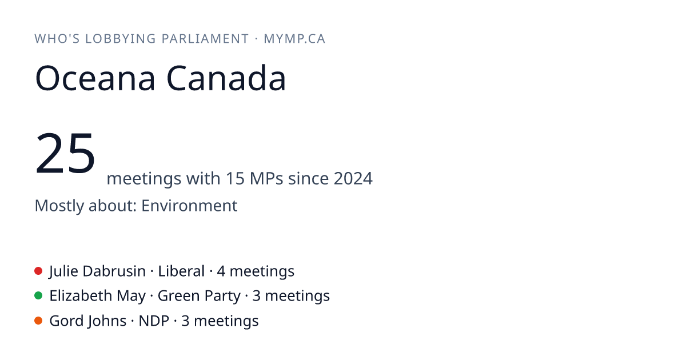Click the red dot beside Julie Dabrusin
coord(38,271)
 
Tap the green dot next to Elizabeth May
coord(38,296)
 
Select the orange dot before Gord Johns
coord(38,321)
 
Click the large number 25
coord(65,153)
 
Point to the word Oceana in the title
coord(95,78)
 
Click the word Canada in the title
coord(226,78)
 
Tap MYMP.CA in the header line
coord(294,39)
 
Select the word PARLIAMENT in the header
coord(205,39)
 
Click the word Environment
coord(189,205)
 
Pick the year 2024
coord(353,178)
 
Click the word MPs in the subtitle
coord(266,178)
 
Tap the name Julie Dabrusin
coord(97,271)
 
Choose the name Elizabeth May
coord(97,296)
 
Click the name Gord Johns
coord(88,321)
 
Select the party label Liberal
coord(181,271)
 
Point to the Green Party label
coord(199,296)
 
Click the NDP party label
coord(154,321)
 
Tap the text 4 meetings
coord(256,271)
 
